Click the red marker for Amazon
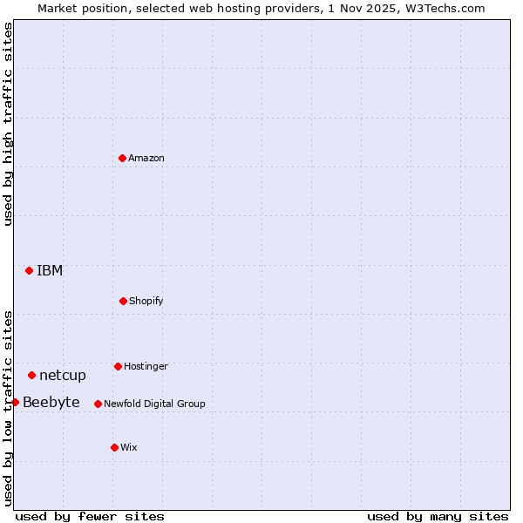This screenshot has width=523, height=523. [x=122, y=158]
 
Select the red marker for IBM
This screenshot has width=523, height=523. [x=29, y=270]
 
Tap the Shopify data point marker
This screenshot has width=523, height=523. [x=123, y=301]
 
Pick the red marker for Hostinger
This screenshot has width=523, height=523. [x=118, y=366]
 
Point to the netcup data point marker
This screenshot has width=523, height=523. [x=31, y=375]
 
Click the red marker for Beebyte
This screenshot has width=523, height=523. [x=15, y=402]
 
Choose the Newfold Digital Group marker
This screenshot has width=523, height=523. [x=98, y=404]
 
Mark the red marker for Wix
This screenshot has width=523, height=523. [x=114, y=447]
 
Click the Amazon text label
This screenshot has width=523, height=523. [x=146, y=158]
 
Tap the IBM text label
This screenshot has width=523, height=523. [x=50, y=270]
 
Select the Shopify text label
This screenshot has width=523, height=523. [x=146, y=301]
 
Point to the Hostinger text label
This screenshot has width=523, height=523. [x=146, y=366]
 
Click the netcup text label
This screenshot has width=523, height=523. [x=63, y=375]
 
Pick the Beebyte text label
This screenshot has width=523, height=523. [x=51, y=402]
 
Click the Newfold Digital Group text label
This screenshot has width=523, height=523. [x=154, y=404]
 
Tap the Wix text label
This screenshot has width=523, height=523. [x=129, y=447]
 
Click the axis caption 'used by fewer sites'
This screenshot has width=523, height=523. [x=90, y=516]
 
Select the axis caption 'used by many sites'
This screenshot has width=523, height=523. [x=438, y=516]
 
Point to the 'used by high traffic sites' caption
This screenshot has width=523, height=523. [x=8, y=124]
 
